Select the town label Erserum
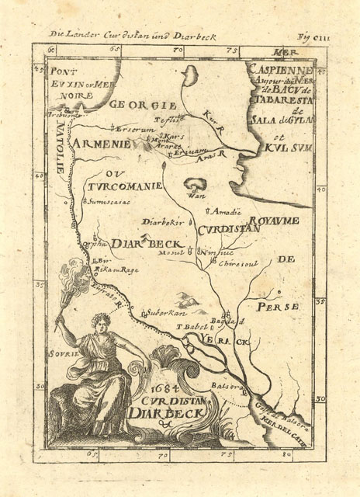tap(133, 128)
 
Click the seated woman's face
tap(100, 321)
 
